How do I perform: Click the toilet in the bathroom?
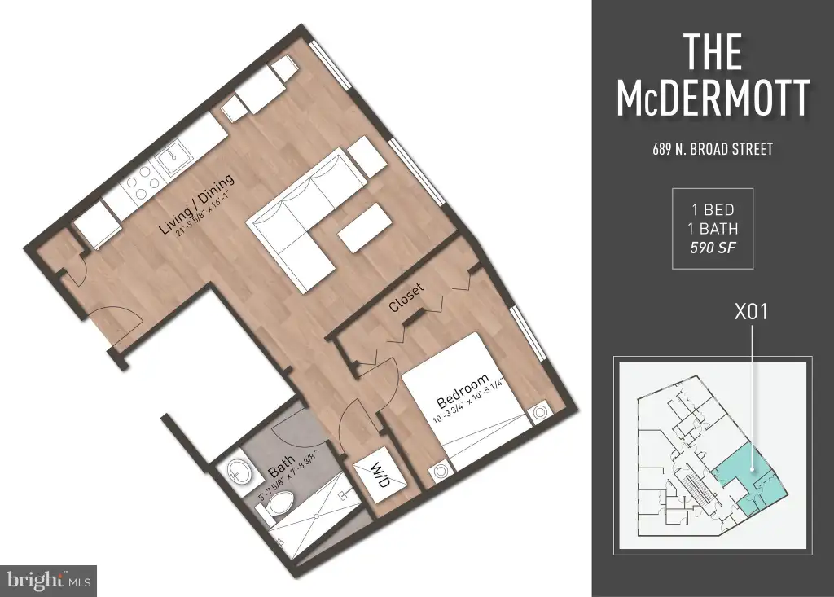tap(277, 503)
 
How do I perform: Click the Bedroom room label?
tap(463, 391)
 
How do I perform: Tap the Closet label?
tap(406, 297)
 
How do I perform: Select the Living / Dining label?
tap(196, 204)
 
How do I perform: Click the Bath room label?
tap(281, 467)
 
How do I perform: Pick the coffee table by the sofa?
tap(364, 228)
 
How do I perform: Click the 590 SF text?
tap(713, 248)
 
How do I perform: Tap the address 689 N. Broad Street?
tap(713, 149)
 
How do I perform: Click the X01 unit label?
tap(751, 312)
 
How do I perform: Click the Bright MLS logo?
tap(48, 580)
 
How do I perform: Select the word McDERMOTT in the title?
tap(713, 99)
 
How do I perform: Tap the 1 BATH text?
tap(713, 229)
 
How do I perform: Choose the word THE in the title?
tap(712, 51)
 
